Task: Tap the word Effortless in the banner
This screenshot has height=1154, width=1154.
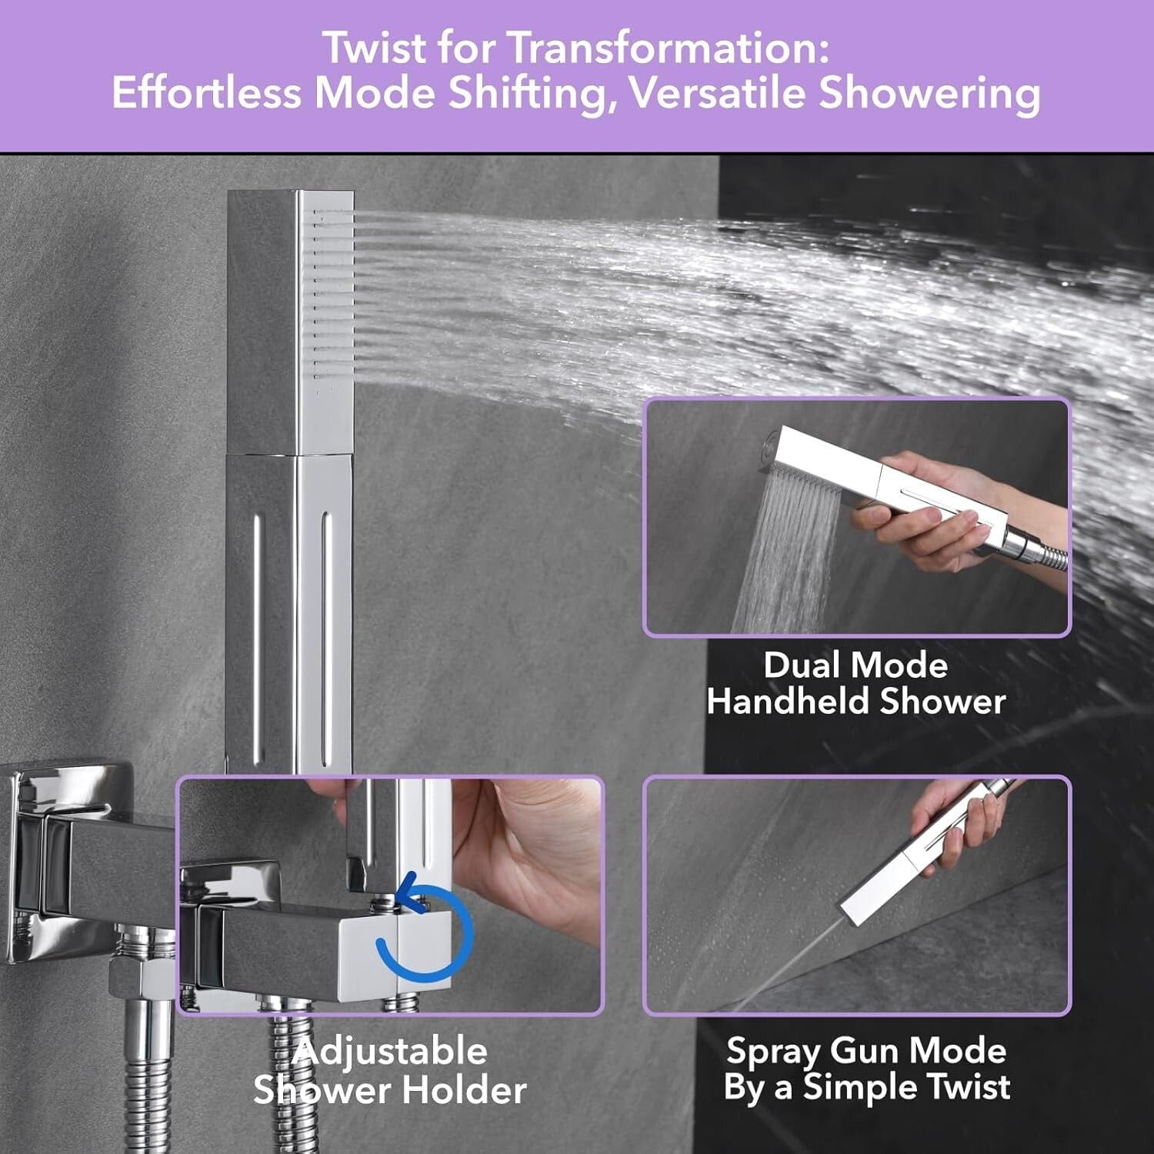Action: point(205,93)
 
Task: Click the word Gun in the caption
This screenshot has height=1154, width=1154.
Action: point(868,1051)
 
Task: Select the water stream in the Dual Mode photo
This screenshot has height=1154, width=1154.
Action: point(785,554)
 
